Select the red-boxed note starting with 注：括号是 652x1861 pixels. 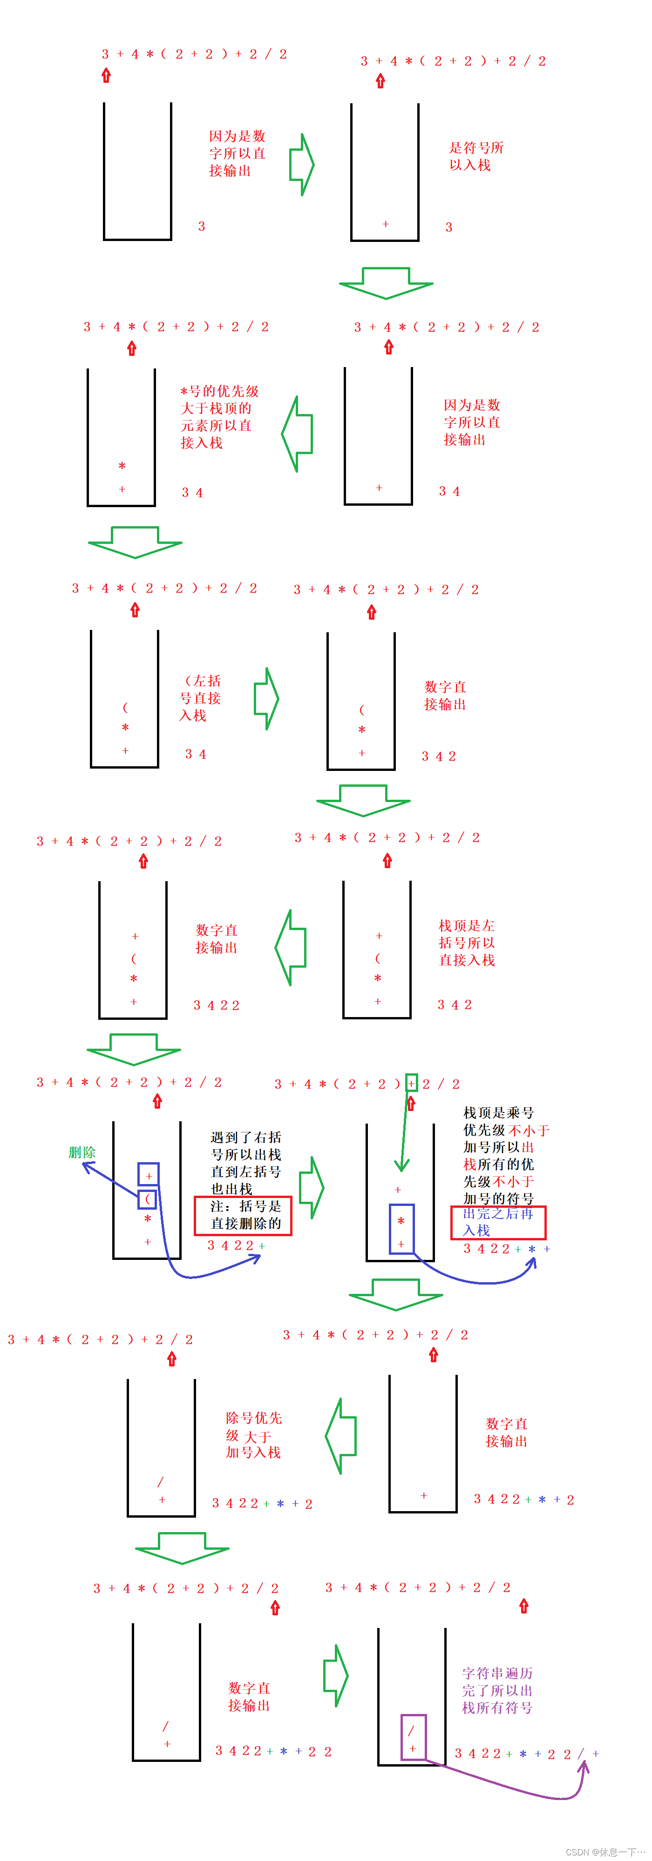click(243, 1215)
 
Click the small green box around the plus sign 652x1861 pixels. click(411, 1083)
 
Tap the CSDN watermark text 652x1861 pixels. click(605, 1852)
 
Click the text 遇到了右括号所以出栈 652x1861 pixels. click(246, 1162)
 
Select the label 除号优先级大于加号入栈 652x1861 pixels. click(254, 1435)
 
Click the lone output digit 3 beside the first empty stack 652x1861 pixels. click(202, 226)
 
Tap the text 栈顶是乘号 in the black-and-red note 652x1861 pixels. click(498, 1112)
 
